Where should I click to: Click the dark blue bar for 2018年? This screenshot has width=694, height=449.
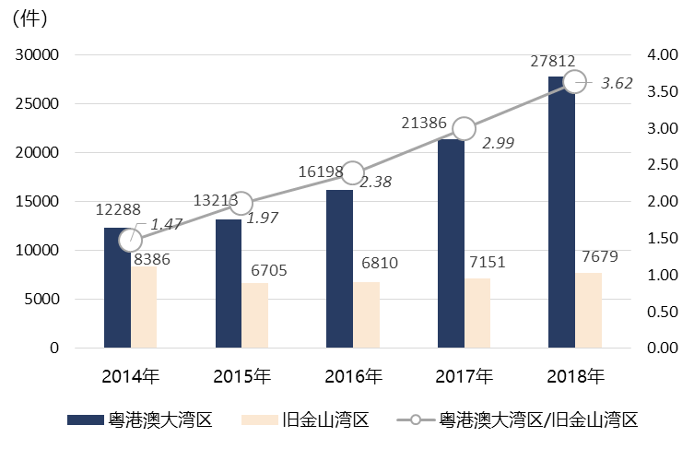pos(561,212)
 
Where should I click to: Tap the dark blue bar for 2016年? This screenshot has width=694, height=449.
pos(340,268)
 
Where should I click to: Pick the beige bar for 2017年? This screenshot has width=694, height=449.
pos(477,313)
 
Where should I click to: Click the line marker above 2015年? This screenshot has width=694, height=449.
pos(241,203)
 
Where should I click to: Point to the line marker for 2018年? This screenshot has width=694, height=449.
pos(574,81)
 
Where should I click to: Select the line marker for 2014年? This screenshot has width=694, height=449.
pos(131,240)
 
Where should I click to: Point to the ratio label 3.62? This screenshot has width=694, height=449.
pos(617,84)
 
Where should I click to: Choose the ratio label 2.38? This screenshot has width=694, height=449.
pos(375,183)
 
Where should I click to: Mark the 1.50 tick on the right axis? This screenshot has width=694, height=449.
pos(656,238)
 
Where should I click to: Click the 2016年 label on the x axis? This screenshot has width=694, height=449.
pos(353,376)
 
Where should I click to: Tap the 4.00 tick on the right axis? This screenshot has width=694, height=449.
pos(656,54)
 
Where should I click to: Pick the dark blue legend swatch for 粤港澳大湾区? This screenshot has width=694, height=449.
pos(89,420)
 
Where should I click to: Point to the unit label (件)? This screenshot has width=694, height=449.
pos(34,17)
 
